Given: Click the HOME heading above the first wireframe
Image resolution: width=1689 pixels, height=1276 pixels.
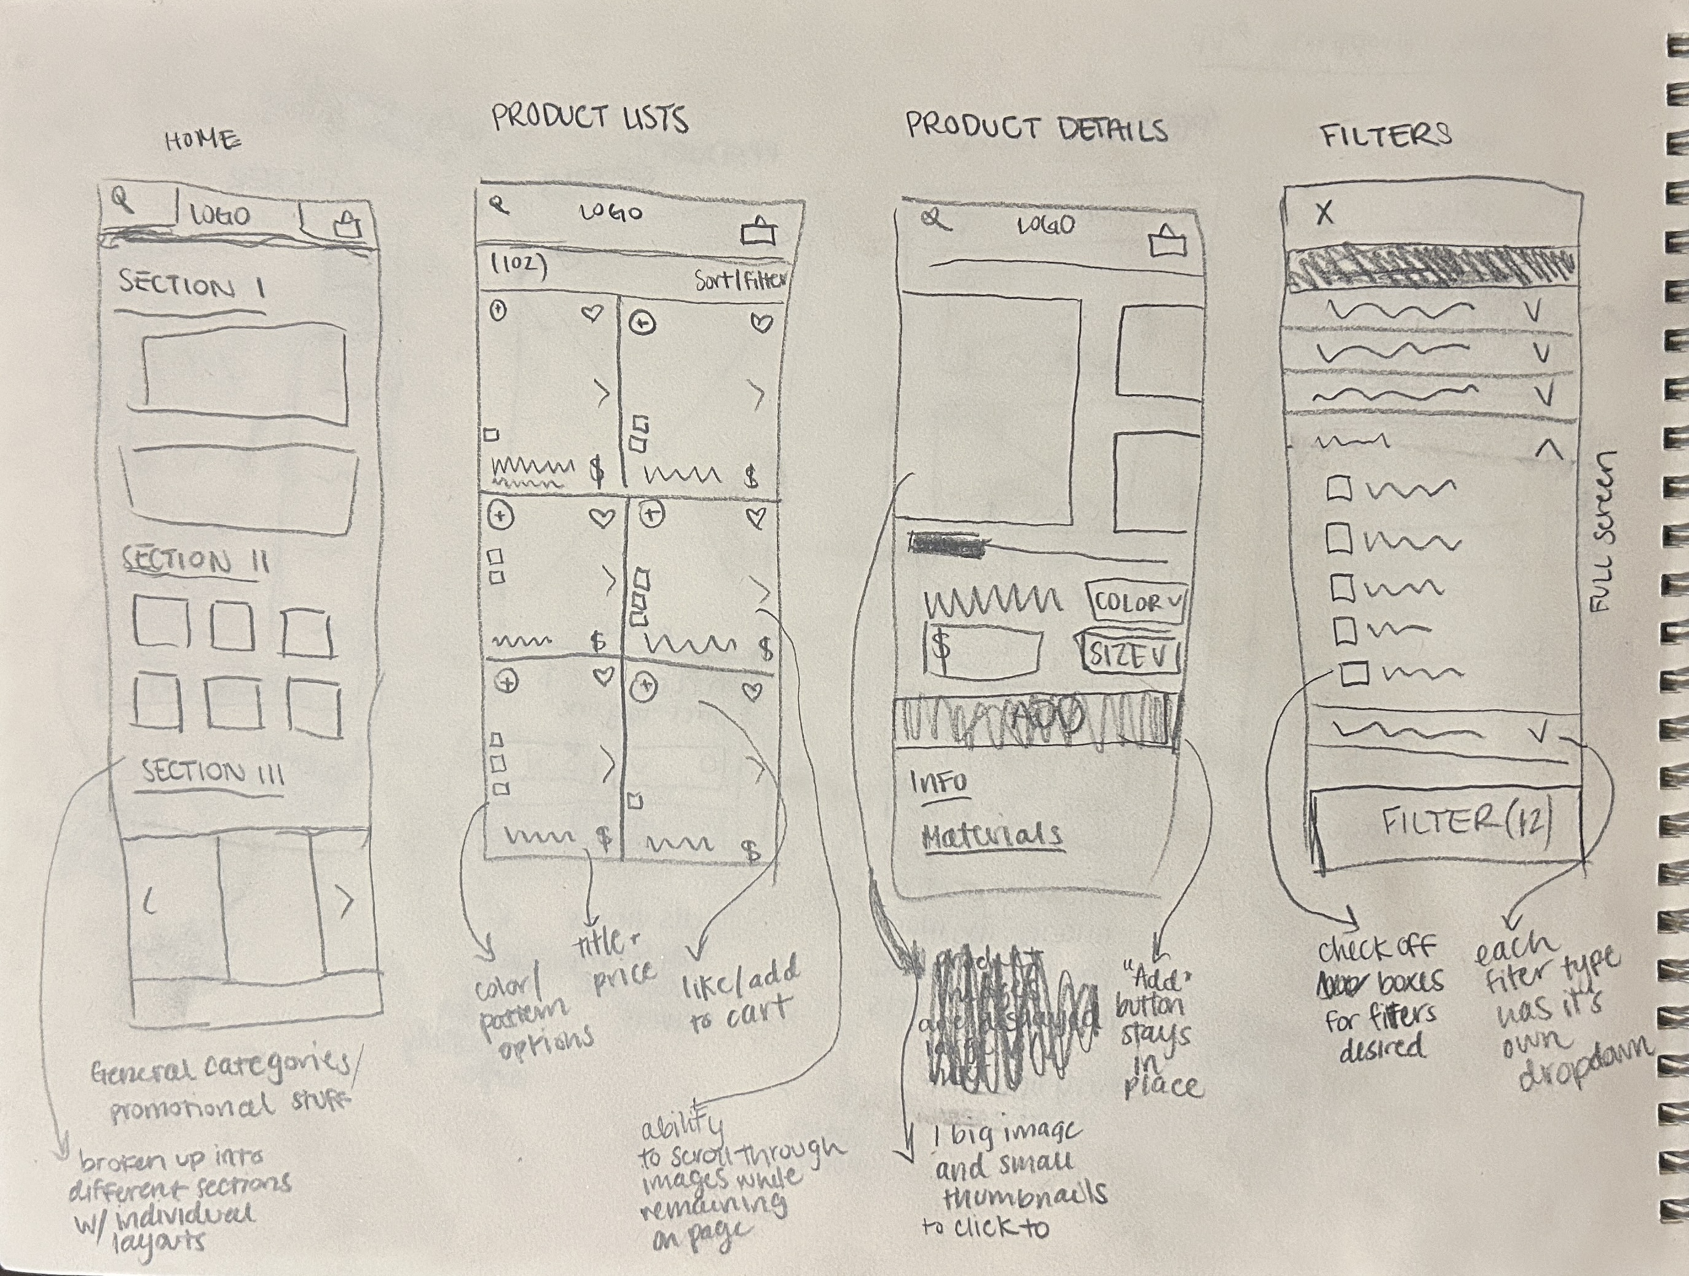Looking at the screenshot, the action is (x=203, y=140).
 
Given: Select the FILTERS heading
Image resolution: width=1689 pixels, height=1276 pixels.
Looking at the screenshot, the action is (x=1386, y=134).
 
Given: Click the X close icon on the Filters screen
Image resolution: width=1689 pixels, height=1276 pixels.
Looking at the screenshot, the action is (x=1325, y=213).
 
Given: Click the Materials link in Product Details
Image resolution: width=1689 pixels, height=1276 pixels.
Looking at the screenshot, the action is (x=991, y=836).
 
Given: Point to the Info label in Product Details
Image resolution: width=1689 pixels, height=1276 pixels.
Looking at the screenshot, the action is (x=938, y=781).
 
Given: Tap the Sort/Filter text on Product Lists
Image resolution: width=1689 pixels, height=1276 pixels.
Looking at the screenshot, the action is (x=739, y=280).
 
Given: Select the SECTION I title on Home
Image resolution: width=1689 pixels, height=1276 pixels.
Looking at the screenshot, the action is (x=192, y=286).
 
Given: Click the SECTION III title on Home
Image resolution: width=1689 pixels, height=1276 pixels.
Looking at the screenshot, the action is (x=213, y=772).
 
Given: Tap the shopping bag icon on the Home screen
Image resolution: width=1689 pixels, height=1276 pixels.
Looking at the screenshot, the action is (x=347, y=225).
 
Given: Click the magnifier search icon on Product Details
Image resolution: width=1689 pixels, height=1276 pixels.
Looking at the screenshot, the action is (x=933, y=220).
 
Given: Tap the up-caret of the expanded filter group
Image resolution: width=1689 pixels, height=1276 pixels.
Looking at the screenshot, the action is (x=1548, y=451).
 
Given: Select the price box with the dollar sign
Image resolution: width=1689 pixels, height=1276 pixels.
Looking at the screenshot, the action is (x=983, y=650).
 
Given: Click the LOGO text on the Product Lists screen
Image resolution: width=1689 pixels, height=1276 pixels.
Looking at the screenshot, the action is (x=611, y=213).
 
